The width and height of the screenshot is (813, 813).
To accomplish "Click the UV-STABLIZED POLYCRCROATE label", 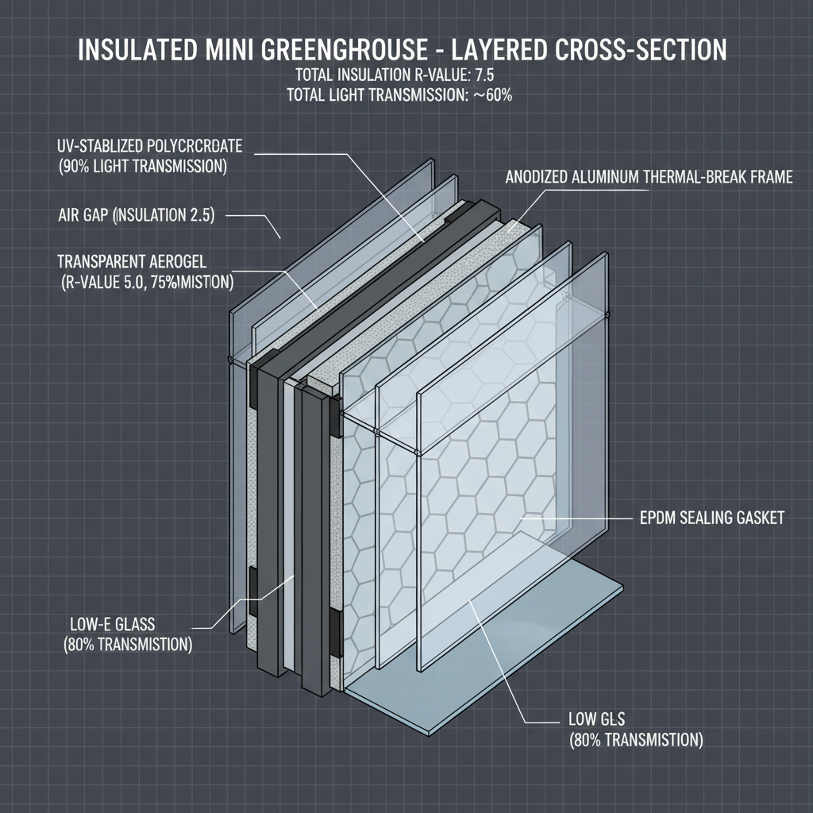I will pyautogui.click(x=150, y=146).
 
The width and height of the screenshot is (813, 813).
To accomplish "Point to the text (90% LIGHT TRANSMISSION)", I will pyautogui.click(x=143, y=167).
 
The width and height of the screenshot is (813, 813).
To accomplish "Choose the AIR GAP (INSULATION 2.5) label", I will pyautogui.click(x=137, y=215).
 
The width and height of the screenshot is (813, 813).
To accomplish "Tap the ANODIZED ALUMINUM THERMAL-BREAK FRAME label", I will pyautogui.click(x=649, y=178).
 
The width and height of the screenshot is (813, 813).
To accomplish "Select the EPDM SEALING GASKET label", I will pyautogui.click(x=711, y=518).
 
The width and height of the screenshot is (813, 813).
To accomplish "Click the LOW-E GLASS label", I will pyautogui.click(x=108, y=623).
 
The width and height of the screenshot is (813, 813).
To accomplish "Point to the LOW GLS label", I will pyautogui.click(x=597, y=720).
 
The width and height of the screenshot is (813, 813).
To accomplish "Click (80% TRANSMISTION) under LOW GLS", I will pyautogui.click(x=635, y=740).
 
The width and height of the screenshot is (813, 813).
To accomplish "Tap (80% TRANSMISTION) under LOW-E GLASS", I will pyautogui.click(x=127, y=644).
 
